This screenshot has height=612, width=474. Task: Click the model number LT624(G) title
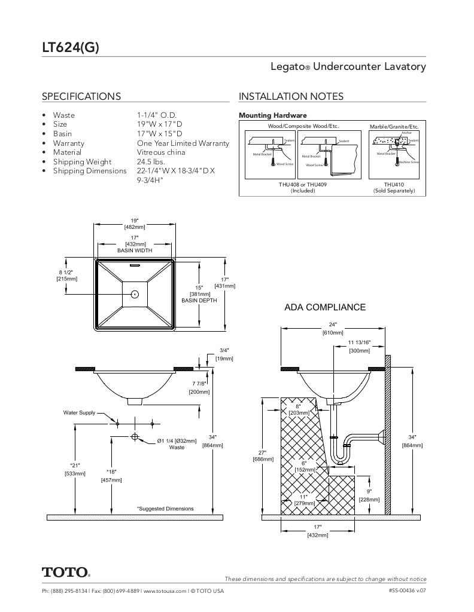tap(70, 48)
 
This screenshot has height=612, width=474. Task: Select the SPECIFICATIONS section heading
tap(81, 96)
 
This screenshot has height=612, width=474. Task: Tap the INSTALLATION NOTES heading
tap(291, 96)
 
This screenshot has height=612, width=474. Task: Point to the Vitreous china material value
tap(161, 152)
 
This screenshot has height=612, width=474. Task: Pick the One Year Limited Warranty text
tap(183, 143)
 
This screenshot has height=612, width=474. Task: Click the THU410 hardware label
tap(394, 185)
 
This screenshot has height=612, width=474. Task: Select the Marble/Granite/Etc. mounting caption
tap(394, 127)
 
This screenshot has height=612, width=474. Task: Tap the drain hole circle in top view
tap(135, 294)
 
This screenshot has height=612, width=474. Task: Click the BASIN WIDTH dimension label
tap(135, 250)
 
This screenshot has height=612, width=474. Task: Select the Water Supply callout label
tap(79, 412)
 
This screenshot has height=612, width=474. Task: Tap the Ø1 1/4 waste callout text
tap(177, 443)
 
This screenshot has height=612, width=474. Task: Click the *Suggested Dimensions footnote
tap(165, 509)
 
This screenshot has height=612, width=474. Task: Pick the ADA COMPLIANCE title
tap(324, 307)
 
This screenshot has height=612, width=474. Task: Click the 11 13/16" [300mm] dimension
tap(359, 347)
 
